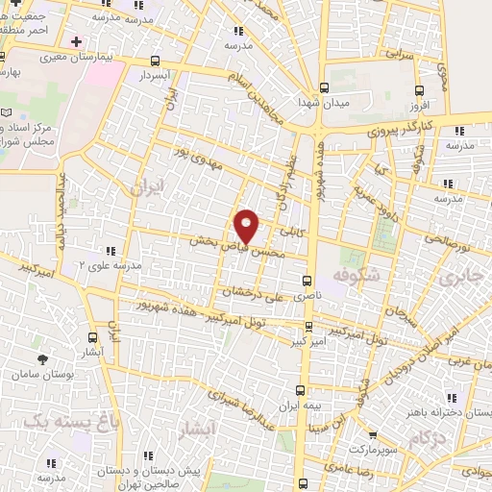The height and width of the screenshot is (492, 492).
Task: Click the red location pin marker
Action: point(248,226)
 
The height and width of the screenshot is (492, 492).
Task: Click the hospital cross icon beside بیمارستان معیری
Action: point(76,42)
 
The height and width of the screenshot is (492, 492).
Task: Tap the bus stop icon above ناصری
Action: point(307,282)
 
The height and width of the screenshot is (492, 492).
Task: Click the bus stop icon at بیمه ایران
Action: point(300,390)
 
